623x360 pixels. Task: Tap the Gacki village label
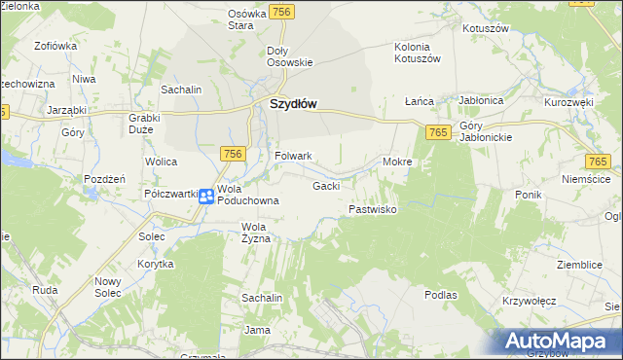point(325,186)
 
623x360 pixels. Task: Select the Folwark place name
point(293,156)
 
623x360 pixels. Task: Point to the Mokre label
point(398,162)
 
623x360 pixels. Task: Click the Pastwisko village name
point(372,209)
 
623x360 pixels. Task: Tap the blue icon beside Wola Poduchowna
point(206,196)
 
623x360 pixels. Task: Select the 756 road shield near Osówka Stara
point(281,10)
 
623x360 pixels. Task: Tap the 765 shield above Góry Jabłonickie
point(437,131)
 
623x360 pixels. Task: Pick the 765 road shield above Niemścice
point(598,162)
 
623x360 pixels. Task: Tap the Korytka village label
point(155,264)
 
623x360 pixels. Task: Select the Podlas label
point(441,293)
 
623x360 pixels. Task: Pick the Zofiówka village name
point(55,46)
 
